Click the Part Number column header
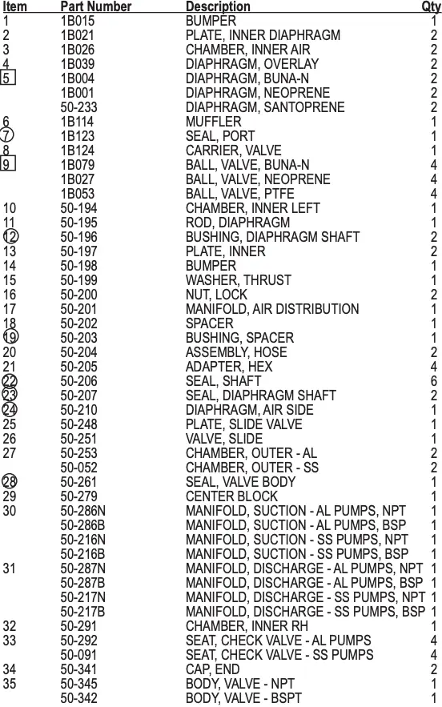click(x=96, y=6)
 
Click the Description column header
click(x=218, y=6)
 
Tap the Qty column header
click(x=431, y=6)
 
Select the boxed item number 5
click(x=8, y=78)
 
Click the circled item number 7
click(x=8, y=136)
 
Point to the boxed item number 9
click(x=8, y=165)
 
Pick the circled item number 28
click(x=10, y=482)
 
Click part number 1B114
click(x=78, y=122)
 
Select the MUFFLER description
click(x=213, y=122)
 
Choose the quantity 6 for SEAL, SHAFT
click(x=434, y=381)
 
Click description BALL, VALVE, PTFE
click(x=239, y=194)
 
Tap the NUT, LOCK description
click(x=216, y=295)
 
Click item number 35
click(x=10, y=684)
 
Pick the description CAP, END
click(x=212, y=669)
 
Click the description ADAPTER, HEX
click(x=229, y=367)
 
